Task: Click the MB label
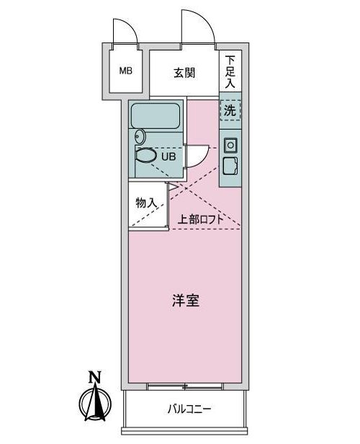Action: (125, 71)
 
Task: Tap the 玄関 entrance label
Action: (184, 73)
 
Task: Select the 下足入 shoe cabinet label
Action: (230, 71)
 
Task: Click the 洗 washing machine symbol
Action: (230, 110)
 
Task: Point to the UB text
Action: (168, 156)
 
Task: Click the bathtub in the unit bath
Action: (156, 116)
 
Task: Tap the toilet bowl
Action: (146, 156)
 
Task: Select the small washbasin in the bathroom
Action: (140, 137)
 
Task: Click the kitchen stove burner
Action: (231, 146)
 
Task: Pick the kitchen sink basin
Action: (230, 166)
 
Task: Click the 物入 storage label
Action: (146, 203)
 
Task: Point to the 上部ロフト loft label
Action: (200, 219)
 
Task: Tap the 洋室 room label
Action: (186, 301)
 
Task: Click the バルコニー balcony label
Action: (189, 409)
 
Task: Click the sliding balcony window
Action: (185, 386)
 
